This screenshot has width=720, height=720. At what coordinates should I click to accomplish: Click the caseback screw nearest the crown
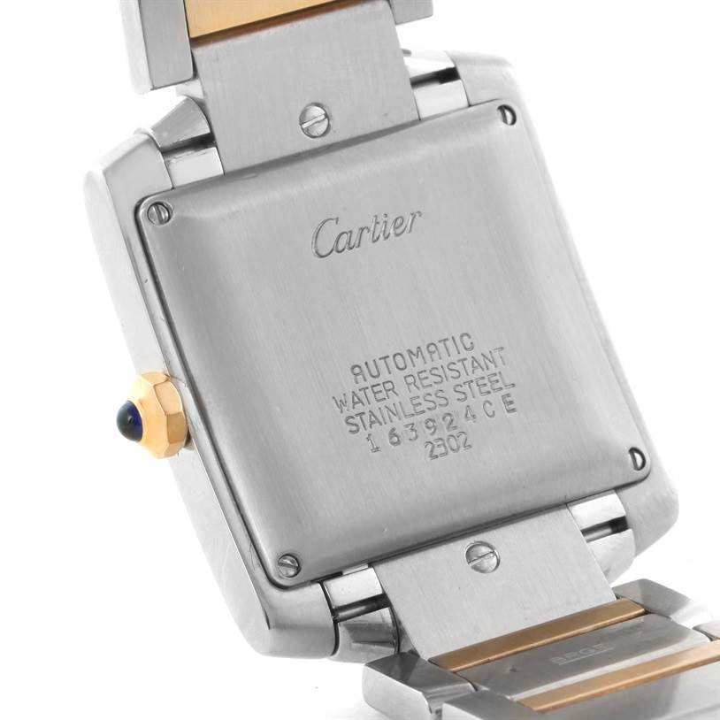coord(159,212)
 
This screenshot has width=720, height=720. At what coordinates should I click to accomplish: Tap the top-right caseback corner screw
coord(506,114)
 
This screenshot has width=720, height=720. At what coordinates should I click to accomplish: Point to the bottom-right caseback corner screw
coord(636,458)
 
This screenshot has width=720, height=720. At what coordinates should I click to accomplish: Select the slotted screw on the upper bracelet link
coord(315,120)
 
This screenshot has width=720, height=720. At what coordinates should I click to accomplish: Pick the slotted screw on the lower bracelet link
coord(482,556)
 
